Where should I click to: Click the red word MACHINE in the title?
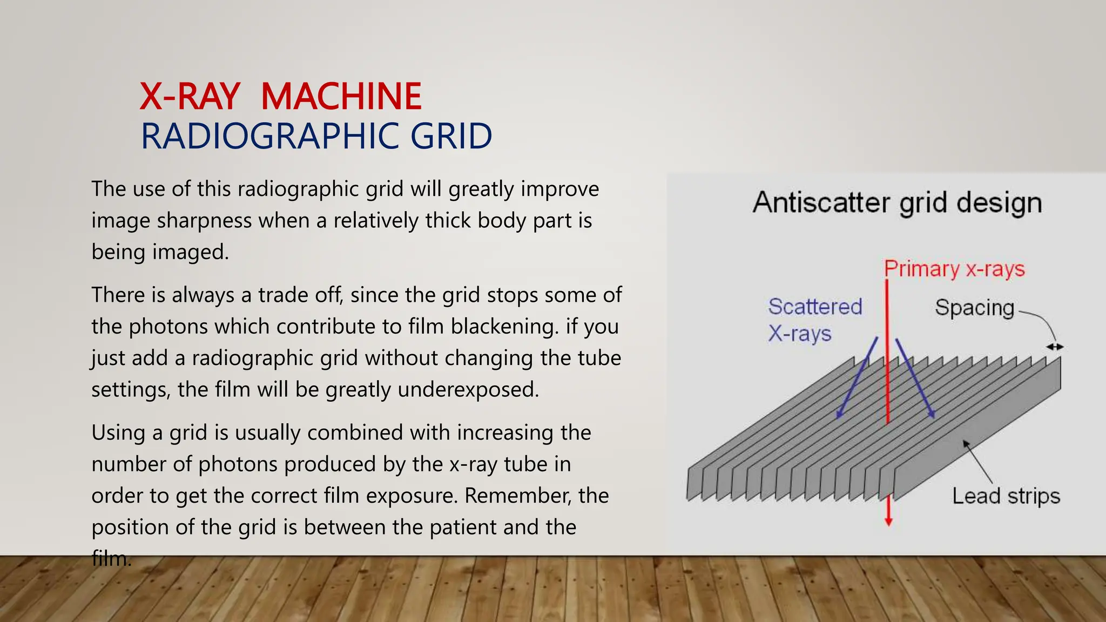[x=341, y=97]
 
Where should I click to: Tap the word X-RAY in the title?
[x=190, y=97]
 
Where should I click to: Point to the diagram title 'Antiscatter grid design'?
[x=897, y=202]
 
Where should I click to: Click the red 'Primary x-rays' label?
[x=954, y=268]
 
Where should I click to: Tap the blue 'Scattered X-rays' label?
[x=815, y=320]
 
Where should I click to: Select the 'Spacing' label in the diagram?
[x=974, y=307]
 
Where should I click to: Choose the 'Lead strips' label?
[x=1006, y=496]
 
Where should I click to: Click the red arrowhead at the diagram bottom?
[x=888, y=521]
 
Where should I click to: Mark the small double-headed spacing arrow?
[x=1055, y=347]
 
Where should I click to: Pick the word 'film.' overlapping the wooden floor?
[x=111, y=558]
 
